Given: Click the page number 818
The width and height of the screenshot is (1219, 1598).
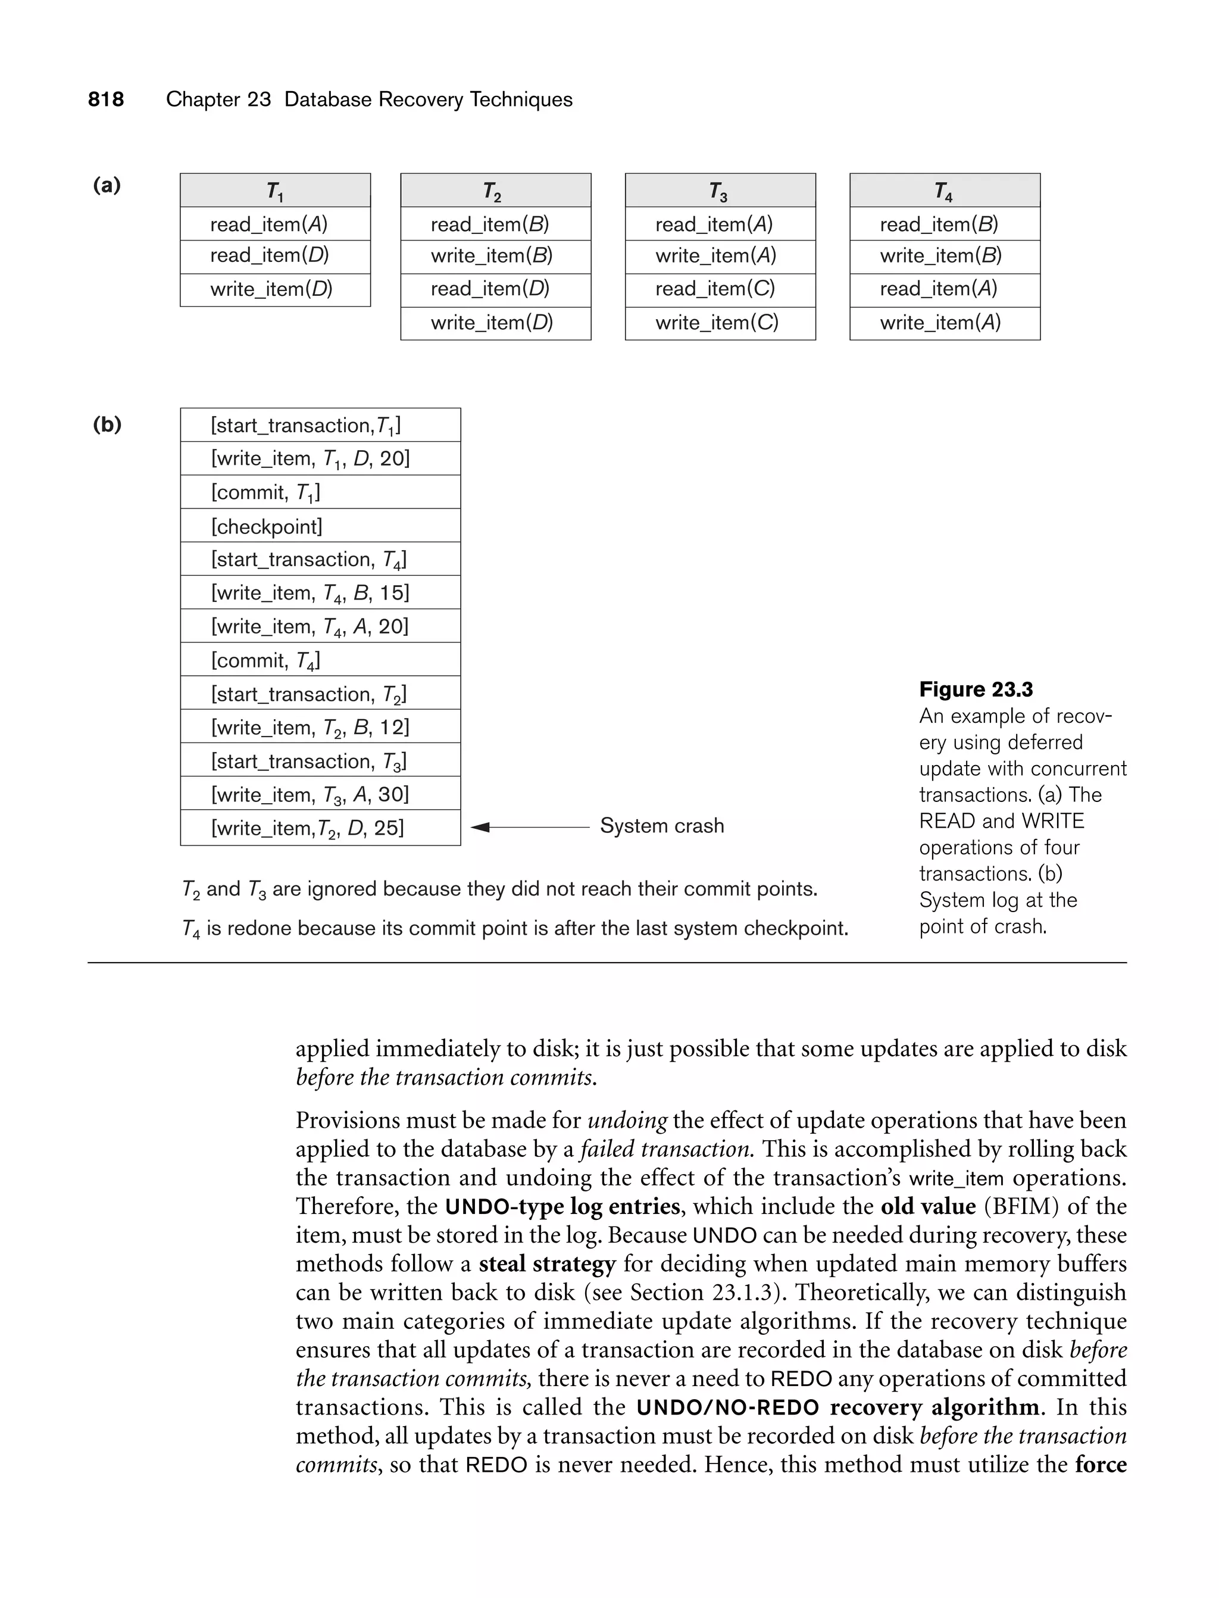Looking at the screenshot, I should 106,99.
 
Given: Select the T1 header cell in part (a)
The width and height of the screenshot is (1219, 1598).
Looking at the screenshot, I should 275,191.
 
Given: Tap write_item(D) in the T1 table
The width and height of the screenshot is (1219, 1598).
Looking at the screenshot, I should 271,289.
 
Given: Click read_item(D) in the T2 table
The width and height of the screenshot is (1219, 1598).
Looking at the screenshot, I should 490,289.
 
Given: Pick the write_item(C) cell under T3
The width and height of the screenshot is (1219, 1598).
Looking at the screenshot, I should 717,323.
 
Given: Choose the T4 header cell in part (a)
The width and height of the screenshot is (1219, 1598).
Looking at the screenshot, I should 944,191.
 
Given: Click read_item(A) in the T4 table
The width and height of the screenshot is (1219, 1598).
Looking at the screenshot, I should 939,289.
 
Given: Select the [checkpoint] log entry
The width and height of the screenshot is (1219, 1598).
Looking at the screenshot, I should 267,526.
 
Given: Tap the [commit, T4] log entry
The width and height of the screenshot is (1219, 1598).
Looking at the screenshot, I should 265,660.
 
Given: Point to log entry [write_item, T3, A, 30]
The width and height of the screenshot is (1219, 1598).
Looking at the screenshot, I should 311,795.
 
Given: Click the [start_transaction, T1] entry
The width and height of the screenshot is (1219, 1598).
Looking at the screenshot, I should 305,426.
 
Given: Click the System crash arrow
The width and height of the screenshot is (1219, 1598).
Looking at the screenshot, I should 530,826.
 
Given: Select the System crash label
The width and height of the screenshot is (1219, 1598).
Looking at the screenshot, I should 662,826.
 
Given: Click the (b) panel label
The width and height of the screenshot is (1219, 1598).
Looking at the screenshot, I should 107,425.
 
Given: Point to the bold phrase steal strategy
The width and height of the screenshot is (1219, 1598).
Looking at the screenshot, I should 547,1263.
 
